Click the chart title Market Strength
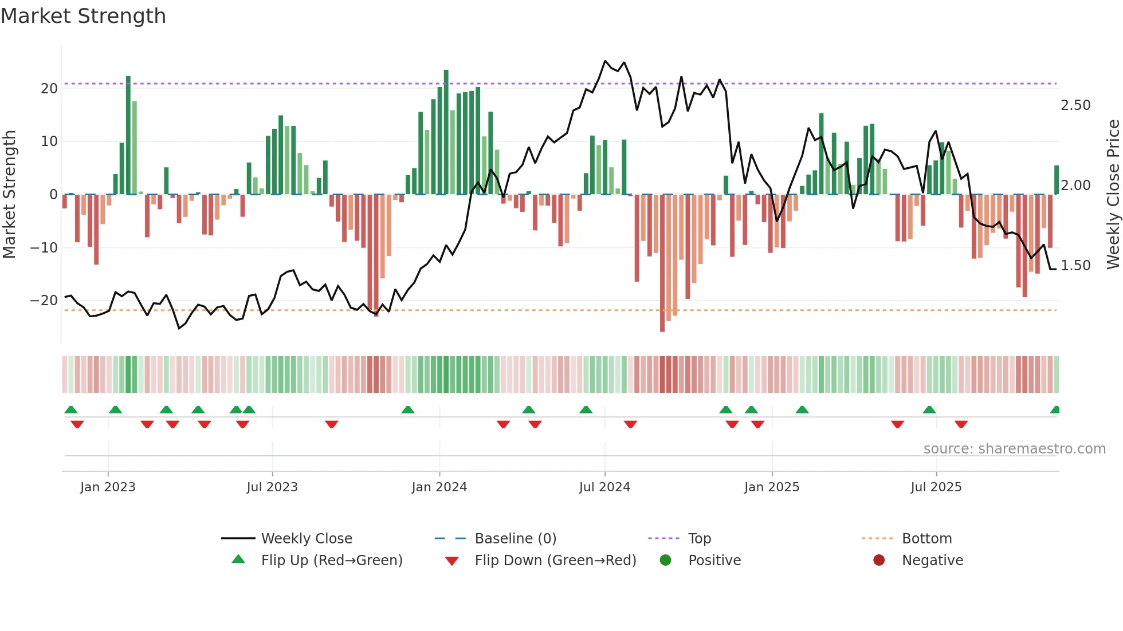coord(83,16)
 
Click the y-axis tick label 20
coord(49,89)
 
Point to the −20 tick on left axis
coord(44,301)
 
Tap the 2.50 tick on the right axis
coord(1075,105)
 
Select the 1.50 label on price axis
coord(1075,266)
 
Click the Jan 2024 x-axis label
coord(439,487)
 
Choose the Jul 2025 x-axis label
coord(936,487)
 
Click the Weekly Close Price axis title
coord(1113,195)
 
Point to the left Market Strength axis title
coord(9,195)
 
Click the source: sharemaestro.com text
coord(1014,449)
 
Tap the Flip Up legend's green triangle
coord(238,559)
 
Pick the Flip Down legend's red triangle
coord(451,561)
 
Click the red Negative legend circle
coord(878,560)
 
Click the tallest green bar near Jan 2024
coord(446,132)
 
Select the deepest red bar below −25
coord(662,263)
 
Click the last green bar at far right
coord(1056,180)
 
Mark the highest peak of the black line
coord(605,61)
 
